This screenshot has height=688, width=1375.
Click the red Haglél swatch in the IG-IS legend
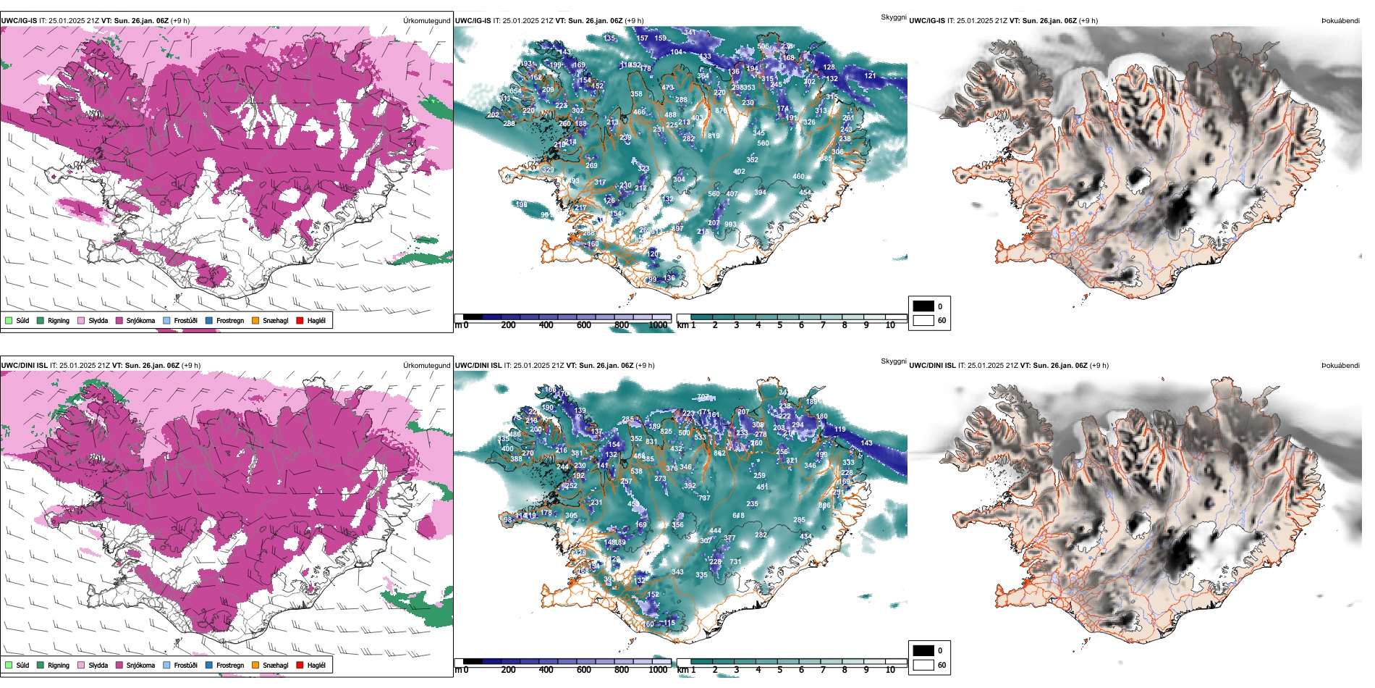click(300, 320)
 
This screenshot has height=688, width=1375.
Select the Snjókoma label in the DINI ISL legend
click(140, 665)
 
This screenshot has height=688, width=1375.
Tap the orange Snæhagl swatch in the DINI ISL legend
click(255, 665)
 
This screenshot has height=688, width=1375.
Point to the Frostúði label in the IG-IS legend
click(185, 320)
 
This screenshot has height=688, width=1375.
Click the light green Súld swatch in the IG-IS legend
click(9, 320)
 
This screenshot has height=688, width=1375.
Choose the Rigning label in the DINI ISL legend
click(59, 665)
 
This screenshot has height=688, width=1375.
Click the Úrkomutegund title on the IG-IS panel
click(426, 21)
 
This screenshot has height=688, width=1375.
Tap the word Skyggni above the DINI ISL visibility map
click(893, 361)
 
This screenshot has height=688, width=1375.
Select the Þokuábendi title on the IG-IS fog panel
click(1340, 21)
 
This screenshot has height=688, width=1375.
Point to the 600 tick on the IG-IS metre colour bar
click(584, 325)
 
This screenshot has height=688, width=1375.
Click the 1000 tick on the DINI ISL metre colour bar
click(658, 670)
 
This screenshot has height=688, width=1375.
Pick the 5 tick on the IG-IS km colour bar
click(779, 325)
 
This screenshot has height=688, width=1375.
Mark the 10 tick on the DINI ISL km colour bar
click(890, 670)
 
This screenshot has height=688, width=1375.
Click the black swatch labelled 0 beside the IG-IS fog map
click(923, 306)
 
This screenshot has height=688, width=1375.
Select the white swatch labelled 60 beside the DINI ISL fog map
click(923, 665)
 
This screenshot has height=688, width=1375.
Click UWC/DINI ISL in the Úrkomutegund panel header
click(24, 366)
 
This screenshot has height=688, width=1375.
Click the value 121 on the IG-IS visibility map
click(870, 75)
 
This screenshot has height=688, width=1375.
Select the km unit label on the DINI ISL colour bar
click(682, 670)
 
